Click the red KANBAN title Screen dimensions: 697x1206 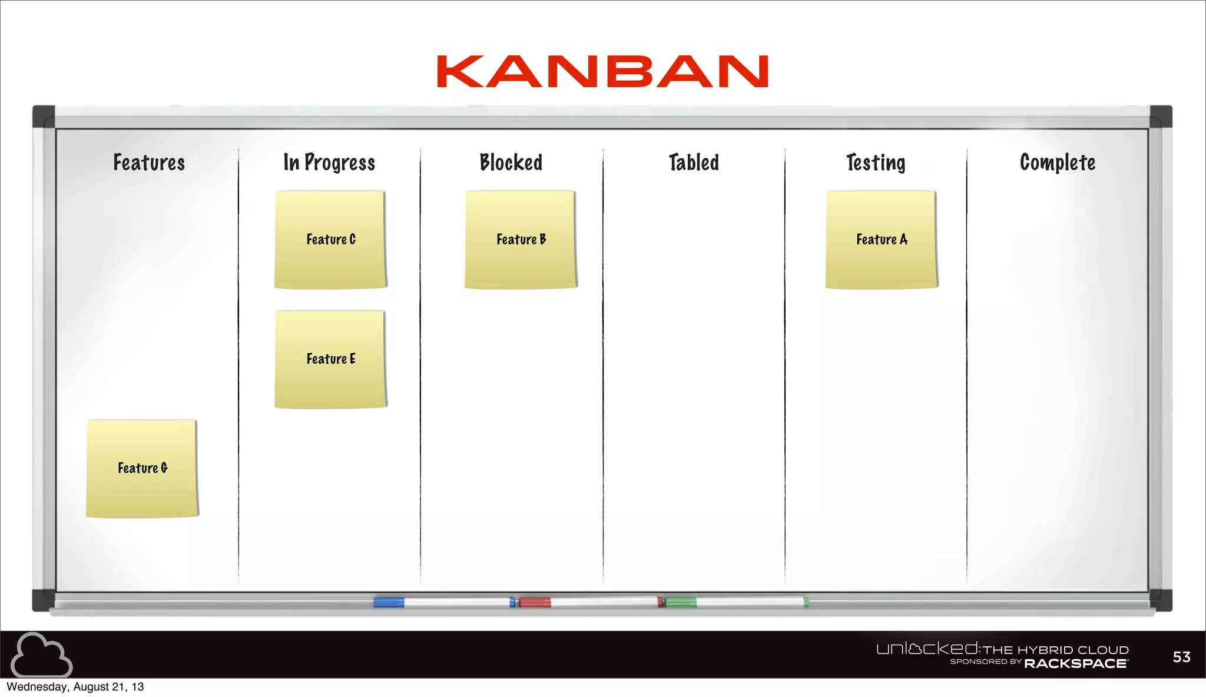coord(602,72)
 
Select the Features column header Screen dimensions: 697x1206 coord(149,162)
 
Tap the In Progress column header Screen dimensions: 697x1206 coord(329,162)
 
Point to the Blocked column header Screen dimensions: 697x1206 coord(511,162)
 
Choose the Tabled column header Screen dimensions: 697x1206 coord(694,162)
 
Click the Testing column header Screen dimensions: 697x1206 coord(876,162)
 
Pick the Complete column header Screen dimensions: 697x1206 coord(1058,162)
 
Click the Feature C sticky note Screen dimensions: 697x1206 coord(330,239)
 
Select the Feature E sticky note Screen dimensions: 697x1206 coord(330,359)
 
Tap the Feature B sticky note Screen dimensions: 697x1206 coord(521,239)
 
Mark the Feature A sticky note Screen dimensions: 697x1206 coord(882,239)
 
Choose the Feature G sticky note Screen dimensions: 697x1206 coord(142,468)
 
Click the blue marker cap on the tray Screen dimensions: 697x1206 coord(389,602)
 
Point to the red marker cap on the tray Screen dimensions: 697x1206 coord(535,602)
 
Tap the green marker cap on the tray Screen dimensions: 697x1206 coord(680,602)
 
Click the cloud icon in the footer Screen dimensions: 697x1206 coord(41,655)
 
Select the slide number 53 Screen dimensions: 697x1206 coord(1181,657)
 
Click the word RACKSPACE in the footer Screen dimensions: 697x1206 coord(1076,663)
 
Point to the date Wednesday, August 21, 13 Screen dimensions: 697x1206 coord(75,687)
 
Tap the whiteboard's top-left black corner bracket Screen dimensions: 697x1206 coord(44,117)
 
